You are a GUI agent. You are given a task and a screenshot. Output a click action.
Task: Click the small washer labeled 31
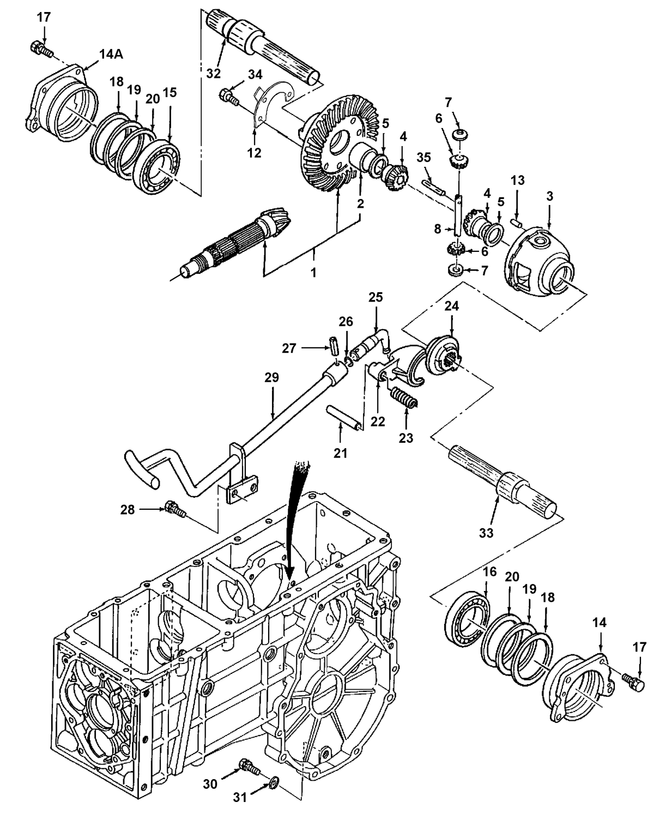(272, 784)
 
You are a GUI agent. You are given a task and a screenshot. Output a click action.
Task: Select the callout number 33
(486, 532)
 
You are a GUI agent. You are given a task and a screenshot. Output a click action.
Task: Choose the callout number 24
(451, 306)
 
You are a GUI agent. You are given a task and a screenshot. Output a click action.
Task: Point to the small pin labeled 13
(517, 222)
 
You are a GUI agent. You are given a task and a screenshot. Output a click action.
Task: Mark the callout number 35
(423, 157)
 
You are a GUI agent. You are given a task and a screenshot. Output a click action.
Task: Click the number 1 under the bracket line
(313, 272)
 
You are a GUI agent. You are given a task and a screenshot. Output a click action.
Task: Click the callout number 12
(255, 153)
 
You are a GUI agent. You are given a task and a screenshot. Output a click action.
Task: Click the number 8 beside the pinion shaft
(438, 230)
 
